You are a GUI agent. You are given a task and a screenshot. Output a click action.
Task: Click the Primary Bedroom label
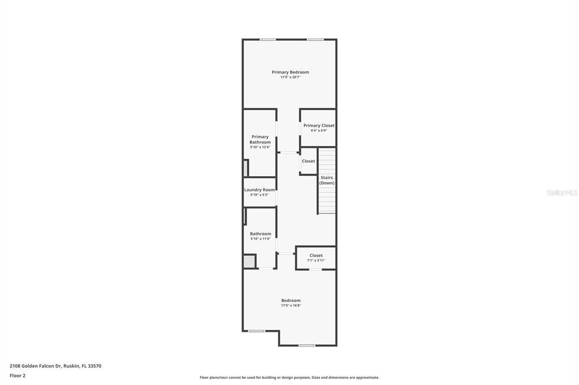pos(290,72)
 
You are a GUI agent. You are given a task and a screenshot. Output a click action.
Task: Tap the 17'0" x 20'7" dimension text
pos(290,77)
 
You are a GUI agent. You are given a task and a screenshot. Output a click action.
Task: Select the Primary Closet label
pos(319,125)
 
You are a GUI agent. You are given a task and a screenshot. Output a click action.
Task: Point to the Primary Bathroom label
pos(260,139)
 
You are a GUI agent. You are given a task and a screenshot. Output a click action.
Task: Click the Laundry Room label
pos(260,190)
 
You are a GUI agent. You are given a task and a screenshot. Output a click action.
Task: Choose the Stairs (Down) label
pos(327,180)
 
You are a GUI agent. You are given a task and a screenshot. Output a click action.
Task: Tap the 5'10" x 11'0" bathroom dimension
pos(261,239)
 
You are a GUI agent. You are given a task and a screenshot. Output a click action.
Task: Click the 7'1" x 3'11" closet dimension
pos(316,260)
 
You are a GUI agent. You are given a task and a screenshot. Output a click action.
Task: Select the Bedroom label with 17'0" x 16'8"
pos(291,300)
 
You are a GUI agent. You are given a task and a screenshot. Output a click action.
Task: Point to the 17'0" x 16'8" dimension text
pos(291,305)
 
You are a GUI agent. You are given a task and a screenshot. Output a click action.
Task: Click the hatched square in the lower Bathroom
pos(249,261)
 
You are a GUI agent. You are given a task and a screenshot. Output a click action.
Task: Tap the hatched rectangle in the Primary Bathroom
pos(246,168)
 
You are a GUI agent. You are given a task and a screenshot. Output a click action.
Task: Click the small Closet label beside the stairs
pos(308,161)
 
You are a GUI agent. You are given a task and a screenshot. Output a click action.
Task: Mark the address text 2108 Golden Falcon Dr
pos(55,366)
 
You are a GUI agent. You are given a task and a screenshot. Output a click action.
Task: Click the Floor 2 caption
pos(18,375)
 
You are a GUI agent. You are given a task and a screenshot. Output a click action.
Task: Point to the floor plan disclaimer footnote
pos(289,378)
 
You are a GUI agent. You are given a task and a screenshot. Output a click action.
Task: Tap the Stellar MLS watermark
pos(561,193)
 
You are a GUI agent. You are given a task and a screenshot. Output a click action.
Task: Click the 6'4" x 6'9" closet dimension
pos(319,130)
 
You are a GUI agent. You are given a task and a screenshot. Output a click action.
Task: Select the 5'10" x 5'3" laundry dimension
pos(260,195)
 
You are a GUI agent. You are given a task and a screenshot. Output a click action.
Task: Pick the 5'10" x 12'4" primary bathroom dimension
pos(260,147)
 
